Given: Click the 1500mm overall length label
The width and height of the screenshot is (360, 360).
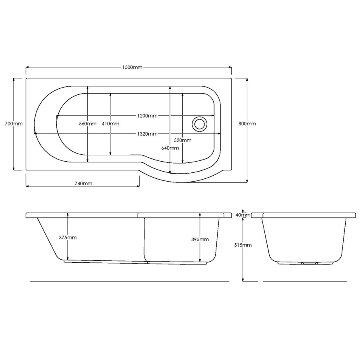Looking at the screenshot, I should click(x=132, y=67).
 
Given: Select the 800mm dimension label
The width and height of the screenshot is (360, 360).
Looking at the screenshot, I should click(x=247, y=124).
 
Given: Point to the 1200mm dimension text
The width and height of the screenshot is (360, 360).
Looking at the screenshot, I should click(x=147, y=116).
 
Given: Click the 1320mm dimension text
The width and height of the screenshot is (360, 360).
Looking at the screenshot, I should click(x=147, y=134).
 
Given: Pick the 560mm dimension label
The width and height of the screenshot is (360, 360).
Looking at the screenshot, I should click(x=88, y=124).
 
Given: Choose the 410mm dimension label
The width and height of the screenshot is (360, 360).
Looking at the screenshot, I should click(x=110, y=124).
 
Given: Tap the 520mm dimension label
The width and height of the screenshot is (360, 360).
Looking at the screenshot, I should click(x=183, y=140).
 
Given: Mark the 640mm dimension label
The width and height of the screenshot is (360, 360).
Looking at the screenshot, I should click(x=170, y=148).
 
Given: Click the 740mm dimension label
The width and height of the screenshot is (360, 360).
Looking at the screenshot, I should click(x=83, y=184).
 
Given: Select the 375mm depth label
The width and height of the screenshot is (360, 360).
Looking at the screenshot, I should click(x=68, y=238).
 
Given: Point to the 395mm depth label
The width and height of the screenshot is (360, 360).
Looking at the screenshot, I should click(x=200, y=240).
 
